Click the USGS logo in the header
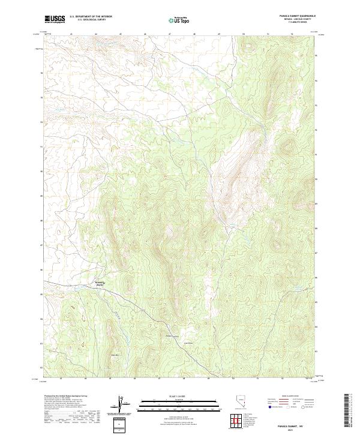coord(55,19)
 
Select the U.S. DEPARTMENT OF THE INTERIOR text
coord(89,17)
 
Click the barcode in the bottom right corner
coord(347,413)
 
